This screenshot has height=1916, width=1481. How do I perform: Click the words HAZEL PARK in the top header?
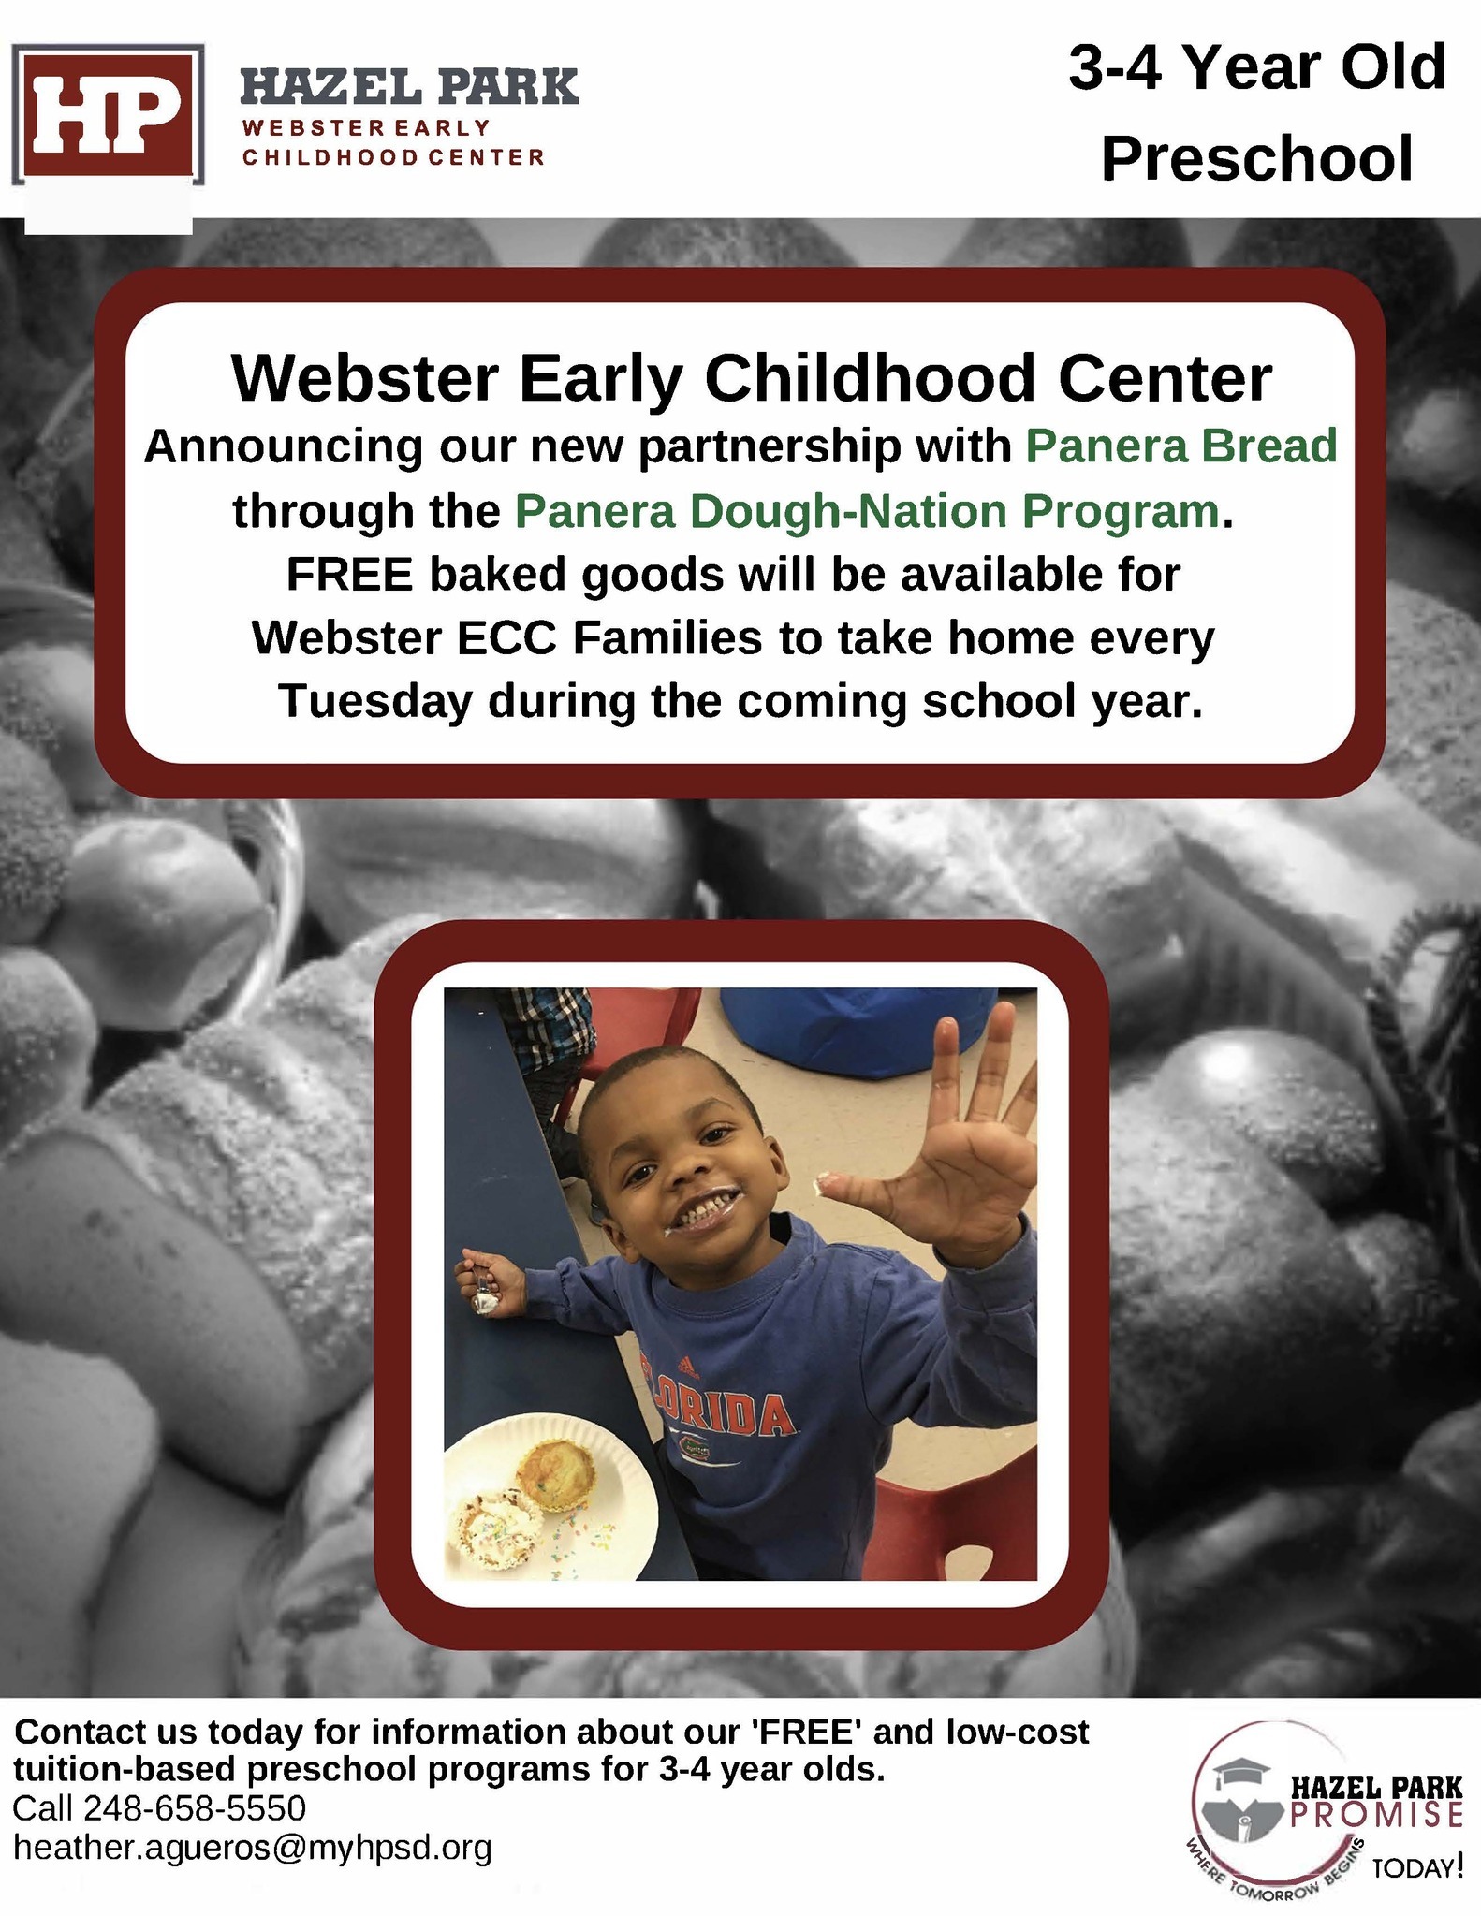point(410,88)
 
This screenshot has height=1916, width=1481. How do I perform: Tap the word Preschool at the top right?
point(1256,158)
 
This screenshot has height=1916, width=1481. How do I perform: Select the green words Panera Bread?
point(1181,446)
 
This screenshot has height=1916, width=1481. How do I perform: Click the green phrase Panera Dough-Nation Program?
point(867,511)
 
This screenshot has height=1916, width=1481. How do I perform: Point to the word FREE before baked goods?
point(349,574)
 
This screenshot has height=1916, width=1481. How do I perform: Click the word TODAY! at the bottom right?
point(1416,1868)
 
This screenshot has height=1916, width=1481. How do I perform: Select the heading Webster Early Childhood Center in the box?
point(752,378)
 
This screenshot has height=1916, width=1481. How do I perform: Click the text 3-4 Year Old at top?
point(1257,68)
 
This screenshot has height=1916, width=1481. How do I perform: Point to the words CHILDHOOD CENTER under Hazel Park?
point(393,157)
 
